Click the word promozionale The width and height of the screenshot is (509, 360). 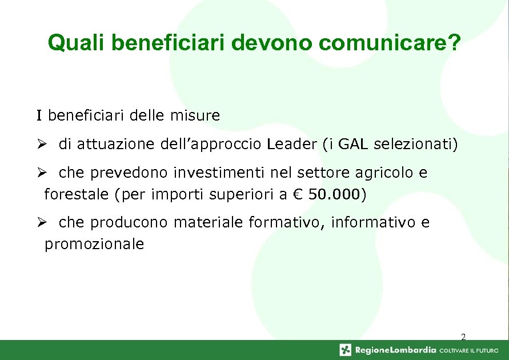point(94,245)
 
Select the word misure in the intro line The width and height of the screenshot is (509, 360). point(195,116)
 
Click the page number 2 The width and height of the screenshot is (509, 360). point(463,337)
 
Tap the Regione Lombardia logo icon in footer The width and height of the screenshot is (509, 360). point(346,350)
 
